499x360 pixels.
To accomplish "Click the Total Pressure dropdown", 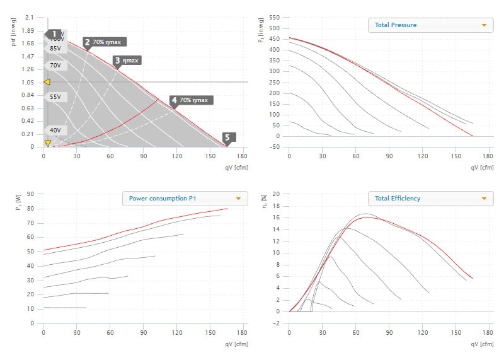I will (x=430, y=25).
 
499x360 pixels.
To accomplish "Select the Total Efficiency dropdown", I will (x=430, y=199).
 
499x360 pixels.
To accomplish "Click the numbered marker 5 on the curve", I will (x=229, y=137).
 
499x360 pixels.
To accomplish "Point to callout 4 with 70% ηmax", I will (x=192, y=100).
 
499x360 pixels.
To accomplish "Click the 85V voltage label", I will (x=55, y=48).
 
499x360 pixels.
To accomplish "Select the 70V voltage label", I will (x=55, y=65).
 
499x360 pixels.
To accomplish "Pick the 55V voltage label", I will (x=55, y=97).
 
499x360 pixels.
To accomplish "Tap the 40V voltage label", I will (x=55, y=130).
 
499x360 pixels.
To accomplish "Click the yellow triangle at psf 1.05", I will (x=46, y=82).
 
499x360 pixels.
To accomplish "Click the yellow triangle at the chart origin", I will (x=47, y=143).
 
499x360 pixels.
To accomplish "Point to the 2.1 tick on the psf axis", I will (x=29, y=17).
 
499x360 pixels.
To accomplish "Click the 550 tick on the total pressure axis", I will (x=274, y=17).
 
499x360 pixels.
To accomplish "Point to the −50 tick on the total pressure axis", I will (x=274, y=147).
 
